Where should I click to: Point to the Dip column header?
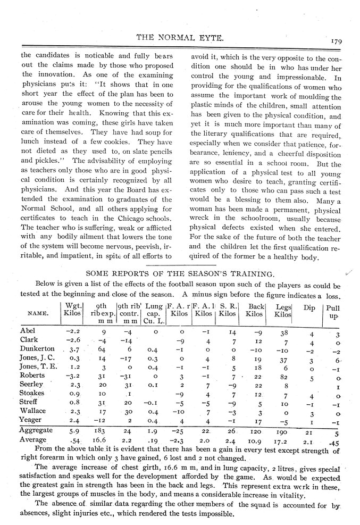point(308,307)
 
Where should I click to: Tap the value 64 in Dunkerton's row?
point(104,349)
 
